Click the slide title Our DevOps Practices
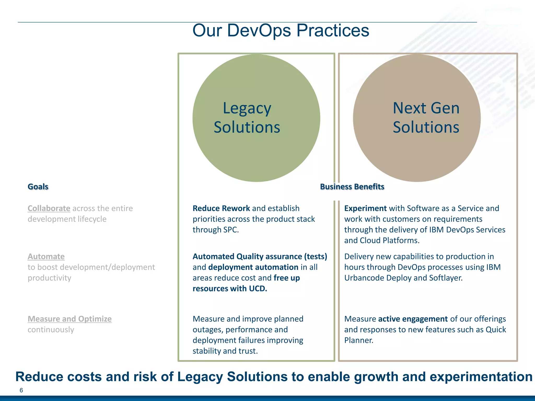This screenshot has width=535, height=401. (281, 31)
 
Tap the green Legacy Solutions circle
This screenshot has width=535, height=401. (256, 146)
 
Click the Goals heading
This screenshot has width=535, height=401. (38, 187)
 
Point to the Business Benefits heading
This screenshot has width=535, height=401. (352, 187)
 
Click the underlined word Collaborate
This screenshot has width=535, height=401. (49, 208)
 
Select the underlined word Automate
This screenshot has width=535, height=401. (46, 256)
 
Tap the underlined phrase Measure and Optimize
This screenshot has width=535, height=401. (69, 319)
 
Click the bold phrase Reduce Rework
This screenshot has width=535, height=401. (221, 208)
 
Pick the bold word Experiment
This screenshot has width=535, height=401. (365, 208)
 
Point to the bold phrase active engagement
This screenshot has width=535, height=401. (413, 319)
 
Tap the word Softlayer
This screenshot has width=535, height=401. (445, 278)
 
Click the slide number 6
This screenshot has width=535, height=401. (21, 390)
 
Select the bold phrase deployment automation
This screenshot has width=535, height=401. (253, 267)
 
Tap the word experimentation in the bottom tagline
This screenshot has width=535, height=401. (481, 377)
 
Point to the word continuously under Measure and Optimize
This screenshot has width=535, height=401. (51, 329)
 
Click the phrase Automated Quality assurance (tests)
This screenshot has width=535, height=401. (260, 256)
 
